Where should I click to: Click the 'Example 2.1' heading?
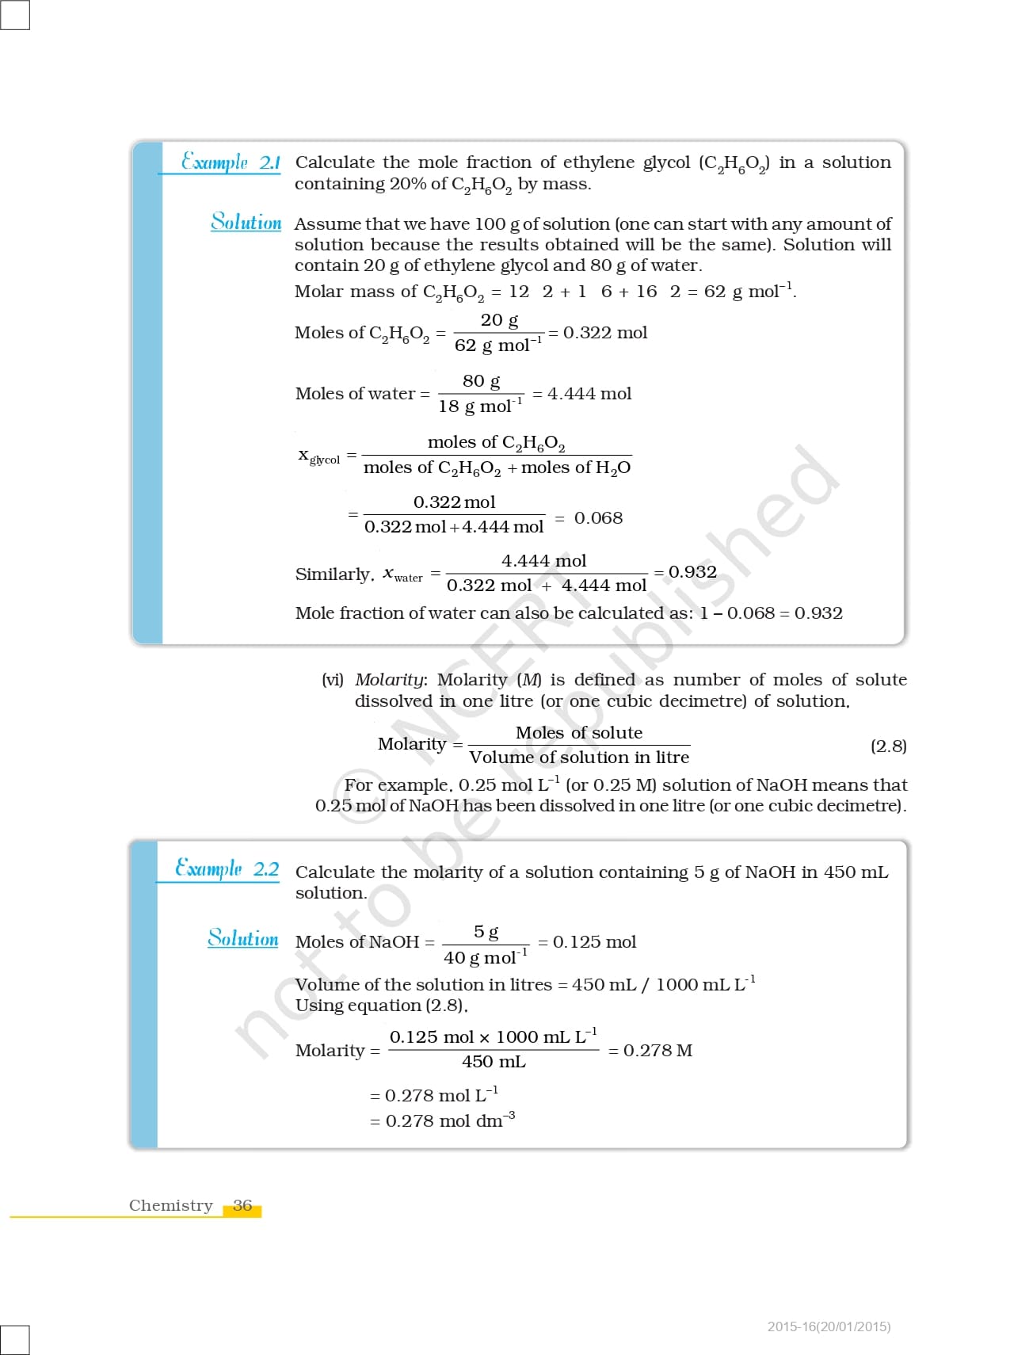pos(231,162)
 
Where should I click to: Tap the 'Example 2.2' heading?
pos(227,868)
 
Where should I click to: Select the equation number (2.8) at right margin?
pos(888,746)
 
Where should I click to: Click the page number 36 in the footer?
pos(242,1205)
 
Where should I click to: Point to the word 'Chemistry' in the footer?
pos(171,1205)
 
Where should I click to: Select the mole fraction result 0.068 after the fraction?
pos(598,518)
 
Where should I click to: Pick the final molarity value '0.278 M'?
pos(657,1051)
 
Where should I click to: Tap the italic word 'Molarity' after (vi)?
pos(390,680)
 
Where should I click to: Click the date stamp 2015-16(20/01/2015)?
pos(829,1326)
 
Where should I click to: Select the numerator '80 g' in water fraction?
pos(481,381)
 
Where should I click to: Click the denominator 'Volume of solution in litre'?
pos(579,758)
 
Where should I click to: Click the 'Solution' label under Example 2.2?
pos(243,939)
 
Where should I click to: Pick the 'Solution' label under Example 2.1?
pos(246,222)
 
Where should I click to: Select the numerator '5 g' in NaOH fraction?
pos(486,932)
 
